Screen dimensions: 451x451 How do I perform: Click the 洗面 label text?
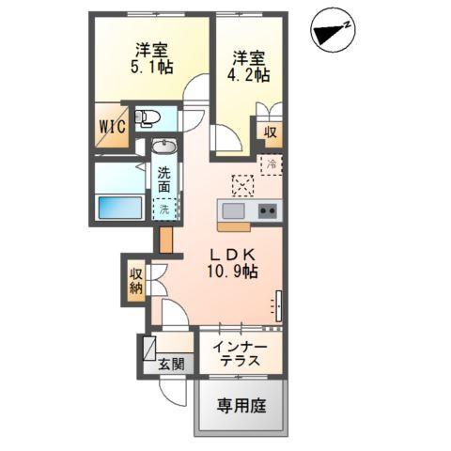click(164, 179)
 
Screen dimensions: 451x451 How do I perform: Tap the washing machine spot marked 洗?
click(164, 209)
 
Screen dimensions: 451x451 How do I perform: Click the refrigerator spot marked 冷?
click(270, 163)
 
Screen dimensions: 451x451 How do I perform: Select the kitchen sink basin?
click(233, 210)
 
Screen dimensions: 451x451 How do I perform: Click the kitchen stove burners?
click(266, 210)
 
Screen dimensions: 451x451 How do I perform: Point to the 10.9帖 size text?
click(234, 272)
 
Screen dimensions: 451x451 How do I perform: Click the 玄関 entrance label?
click(170, 364)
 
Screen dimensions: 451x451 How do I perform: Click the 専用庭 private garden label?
click(241, 406)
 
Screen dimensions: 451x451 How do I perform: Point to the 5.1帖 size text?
click(149, 67)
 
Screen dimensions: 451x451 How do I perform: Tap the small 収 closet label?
click(269, 132)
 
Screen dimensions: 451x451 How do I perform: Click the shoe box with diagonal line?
click(148, 350)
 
